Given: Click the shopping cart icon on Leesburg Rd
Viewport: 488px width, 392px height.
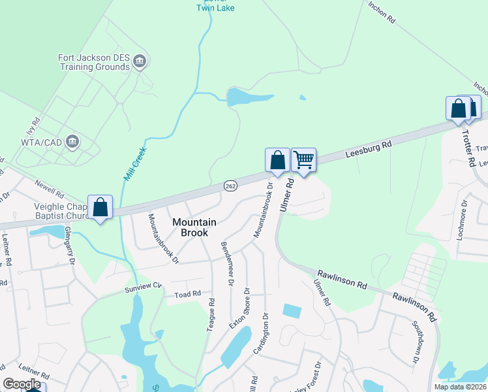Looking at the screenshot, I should click(x=303, y=159).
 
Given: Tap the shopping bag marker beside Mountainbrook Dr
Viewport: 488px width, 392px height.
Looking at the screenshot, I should click(x=277, y=160).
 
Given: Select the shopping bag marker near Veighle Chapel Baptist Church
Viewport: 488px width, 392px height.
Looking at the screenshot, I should click(x=100, y=207).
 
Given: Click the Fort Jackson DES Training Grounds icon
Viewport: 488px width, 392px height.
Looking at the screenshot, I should click(x=139, y=62).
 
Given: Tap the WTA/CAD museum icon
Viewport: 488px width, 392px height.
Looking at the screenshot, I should click(x=73, y=140).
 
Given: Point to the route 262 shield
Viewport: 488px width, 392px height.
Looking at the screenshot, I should click(x=230, y=186).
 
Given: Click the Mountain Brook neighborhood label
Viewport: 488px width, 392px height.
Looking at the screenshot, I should click(x=190, y=227).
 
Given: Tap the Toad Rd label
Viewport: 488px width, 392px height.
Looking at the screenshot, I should click(x=187, y=295).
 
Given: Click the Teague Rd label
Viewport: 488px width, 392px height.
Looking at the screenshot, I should click(x=211, y=315).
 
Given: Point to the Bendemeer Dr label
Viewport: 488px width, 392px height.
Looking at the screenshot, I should click(x=227, y=263).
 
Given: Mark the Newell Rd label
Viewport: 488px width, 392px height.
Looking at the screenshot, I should click(x=50, y=189).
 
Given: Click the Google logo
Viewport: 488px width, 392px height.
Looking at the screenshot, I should click(x=22, y=384).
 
